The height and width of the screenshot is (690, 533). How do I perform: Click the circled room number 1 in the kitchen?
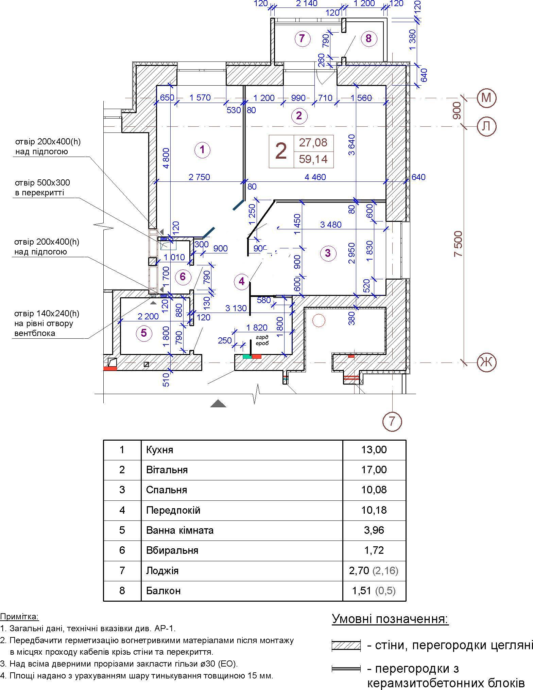[202, 149]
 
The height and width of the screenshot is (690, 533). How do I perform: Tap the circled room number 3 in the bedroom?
[328, 253]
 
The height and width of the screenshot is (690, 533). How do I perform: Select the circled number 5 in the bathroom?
[144, 333]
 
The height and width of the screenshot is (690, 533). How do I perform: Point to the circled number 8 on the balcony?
[369, 38]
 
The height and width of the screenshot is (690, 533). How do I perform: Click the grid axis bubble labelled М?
[486, 98]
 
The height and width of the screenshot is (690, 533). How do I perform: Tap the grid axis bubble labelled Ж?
[486, 362]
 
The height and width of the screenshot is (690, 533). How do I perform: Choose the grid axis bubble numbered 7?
[392, 422]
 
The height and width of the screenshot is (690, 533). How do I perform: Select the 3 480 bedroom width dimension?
[331, 225]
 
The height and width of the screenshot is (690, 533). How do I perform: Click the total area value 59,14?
[313, 159]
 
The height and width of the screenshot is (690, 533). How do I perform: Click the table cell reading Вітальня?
[167, 470]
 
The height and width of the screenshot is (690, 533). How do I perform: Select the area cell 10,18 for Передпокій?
[374, 510]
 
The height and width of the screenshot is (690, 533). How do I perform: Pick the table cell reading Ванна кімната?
[180, 530]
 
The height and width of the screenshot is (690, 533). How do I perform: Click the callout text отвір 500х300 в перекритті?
[42, 188]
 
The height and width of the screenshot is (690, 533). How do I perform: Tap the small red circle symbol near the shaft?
[319, 320]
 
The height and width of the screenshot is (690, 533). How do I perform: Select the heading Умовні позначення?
[390, 619]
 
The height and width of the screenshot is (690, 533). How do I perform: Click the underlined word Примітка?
[19, 616]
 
